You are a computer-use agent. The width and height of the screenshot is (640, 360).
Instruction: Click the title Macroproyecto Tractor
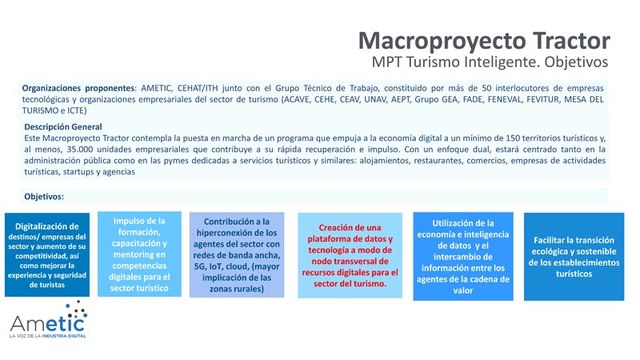pos(483,40)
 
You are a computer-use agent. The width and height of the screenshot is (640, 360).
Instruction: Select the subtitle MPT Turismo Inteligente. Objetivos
pos(490,62)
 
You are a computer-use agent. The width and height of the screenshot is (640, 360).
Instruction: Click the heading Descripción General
pos(62,126)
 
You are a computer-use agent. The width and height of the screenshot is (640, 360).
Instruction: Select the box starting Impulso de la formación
pos(139,254)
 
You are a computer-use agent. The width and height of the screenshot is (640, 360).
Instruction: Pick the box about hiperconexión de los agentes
pos(237,254)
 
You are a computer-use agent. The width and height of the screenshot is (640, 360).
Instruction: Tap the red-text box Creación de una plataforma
pos(350,255)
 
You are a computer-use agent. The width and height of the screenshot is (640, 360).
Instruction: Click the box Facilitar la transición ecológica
pos(573,256)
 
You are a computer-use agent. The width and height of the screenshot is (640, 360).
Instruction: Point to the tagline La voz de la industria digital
pos(47,336)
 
